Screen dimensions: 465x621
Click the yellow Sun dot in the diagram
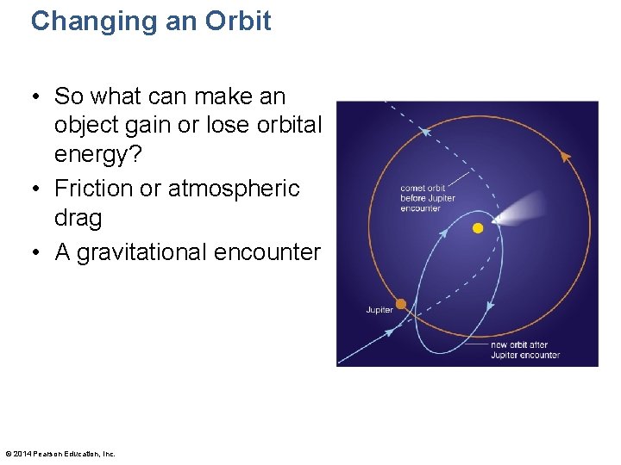[x=478, y=228]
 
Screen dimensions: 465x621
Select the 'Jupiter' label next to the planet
[x=379, y=310]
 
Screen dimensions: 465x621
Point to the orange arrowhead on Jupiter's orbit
[x=566, y=157]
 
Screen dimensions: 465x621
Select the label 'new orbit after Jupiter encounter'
[x=525, y=350]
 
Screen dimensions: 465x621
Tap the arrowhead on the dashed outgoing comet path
[x=424, y=132]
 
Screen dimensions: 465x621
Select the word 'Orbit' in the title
[x=239, y=21]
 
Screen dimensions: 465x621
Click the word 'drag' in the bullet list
[x=78, y=218]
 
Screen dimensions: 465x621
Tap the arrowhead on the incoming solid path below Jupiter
[x=389, y=331]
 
